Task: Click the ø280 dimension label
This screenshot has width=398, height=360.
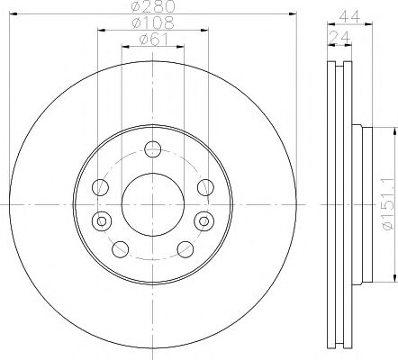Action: [x=152, y=7]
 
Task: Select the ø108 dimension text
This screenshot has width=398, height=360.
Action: [x=152, y=22]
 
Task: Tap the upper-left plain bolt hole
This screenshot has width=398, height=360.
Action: [x=100, y=187]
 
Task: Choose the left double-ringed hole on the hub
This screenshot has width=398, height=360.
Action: [x=102, y=220]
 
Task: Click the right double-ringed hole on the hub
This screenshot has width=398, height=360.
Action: [x=202, y=220]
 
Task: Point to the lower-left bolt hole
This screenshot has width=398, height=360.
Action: [x=121, y=249]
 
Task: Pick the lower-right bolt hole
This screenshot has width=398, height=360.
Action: [x=185, y=249]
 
